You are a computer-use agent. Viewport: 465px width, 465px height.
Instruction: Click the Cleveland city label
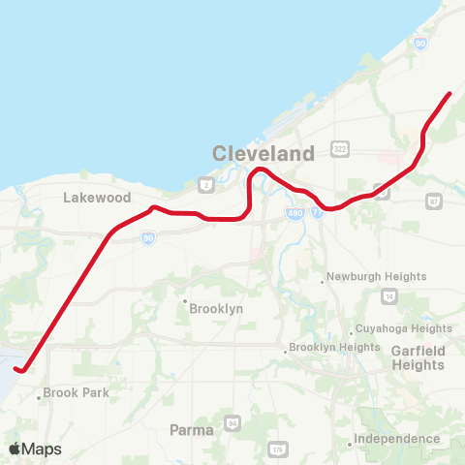tap(263, 153)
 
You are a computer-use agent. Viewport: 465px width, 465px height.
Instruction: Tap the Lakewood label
tap(97, 197)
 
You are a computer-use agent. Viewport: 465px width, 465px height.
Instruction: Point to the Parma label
tap(191, 429)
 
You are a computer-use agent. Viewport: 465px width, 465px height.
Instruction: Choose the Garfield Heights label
tap(418, 357)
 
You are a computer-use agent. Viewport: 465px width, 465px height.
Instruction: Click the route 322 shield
tap(339, 148)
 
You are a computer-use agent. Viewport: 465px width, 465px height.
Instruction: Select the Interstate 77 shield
tap(317, 212)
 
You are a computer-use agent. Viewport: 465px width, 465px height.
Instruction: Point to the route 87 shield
tap(433, 201)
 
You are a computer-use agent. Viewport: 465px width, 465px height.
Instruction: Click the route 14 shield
tap(388, 294)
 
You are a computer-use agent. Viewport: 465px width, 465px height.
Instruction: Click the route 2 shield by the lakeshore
tap(205, 183)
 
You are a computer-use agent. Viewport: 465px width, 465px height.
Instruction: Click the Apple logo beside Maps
tap(14, 449)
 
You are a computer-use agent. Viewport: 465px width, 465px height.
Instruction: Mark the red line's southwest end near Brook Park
tap(17, 368)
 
